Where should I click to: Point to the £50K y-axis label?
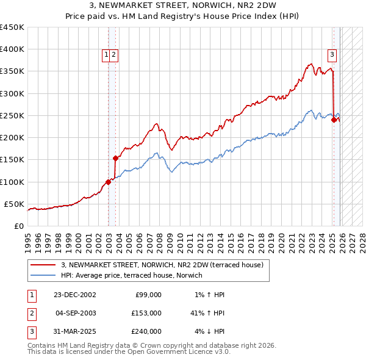pos(13,204)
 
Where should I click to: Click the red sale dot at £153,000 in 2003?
pos(115,158)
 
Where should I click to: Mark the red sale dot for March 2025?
pos(334,120)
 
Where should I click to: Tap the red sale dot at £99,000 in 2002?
pos(109,182)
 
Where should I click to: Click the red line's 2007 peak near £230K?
pos(157,124)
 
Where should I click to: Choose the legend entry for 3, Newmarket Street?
pos(162,265)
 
